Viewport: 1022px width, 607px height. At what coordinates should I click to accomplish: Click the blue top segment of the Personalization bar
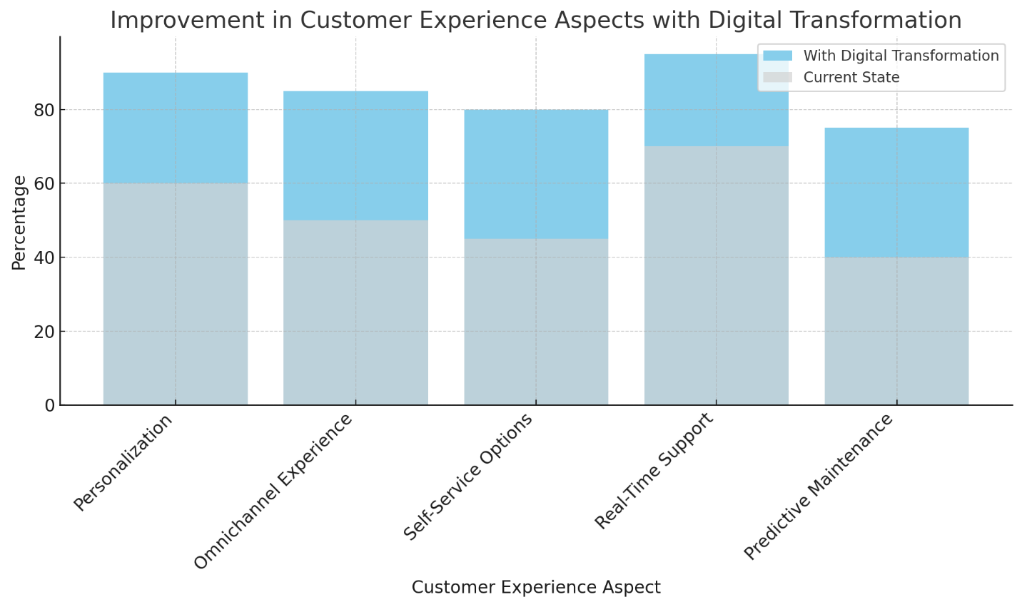(x=175, y=128)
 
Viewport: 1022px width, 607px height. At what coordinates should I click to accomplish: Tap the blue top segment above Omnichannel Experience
(x=355, y=155)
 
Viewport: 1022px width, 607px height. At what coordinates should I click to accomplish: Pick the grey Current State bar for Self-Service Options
(x=536, y=322)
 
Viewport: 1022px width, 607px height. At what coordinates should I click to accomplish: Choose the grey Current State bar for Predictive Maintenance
(x=896, y=331)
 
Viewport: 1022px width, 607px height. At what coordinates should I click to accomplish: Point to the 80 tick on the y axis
(x=44, y=111)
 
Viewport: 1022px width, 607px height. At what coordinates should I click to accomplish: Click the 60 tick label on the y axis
(x=44, y=184)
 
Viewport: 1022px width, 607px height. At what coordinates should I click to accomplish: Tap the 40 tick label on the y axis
(x=44, y=258)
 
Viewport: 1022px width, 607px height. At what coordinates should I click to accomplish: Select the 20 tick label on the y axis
(x=44, y=332)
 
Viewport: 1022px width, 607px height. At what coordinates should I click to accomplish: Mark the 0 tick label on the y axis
(x=49, y=406)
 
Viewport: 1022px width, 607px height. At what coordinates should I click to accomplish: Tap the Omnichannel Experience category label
(x=274, y=491)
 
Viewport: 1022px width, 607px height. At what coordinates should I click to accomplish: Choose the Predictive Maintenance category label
(x=819, y=486)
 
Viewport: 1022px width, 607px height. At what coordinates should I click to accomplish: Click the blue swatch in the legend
(x=777, y=56)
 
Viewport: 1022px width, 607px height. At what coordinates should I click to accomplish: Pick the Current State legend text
(x=851, y=77)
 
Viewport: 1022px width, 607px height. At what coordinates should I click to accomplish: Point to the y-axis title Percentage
(x=19, y=223)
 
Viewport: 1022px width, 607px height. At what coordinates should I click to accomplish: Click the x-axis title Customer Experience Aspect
(x=536, y=588)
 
